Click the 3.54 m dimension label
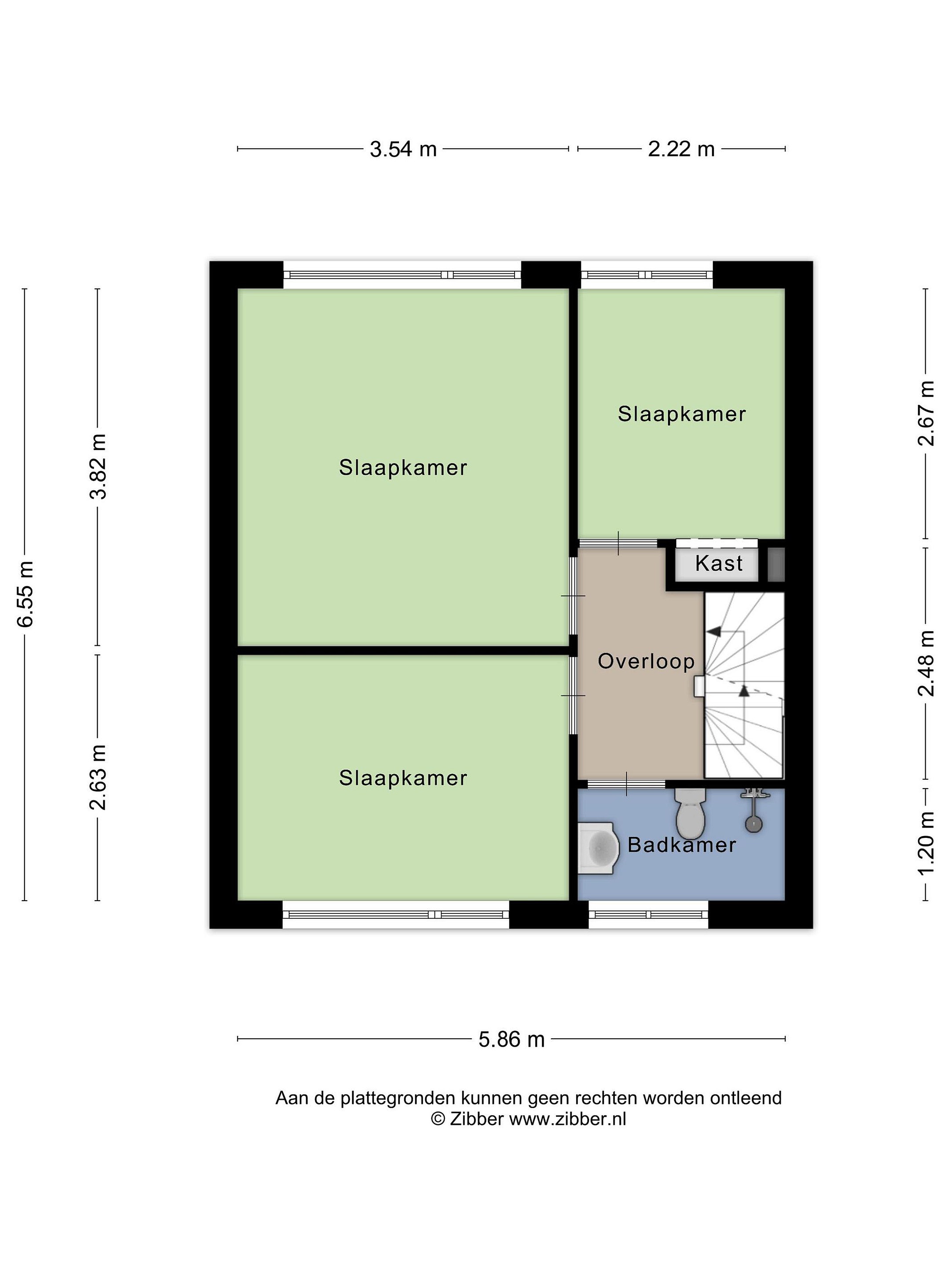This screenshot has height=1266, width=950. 403,149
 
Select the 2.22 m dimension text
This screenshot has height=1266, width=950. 681,149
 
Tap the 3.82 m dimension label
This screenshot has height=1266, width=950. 99,466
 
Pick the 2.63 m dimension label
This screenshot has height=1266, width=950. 99,777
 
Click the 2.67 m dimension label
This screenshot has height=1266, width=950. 926,413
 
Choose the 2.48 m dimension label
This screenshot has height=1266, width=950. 926,663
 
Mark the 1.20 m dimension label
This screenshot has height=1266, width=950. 926,843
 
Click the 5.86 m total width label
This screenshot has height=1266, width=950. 512,1039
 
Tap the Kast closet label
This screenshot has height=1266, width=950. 719,563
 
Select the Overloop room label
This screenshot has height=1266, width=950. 646,662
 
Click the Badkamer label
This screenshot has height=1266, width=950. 681,845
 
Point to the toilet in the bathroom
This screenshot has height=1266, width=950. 691,813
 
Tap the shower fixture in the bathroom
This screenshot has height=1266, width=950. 753,810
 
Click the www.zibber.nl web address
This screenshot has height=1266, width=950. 567,1119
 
